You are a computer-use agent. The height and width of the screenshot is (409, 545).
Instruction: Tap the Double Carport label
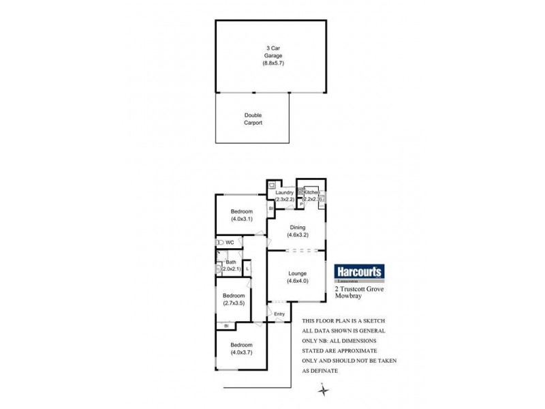pos(253,119)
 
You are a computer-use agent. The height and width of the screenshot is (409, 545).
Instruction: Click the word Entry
pos(279,314)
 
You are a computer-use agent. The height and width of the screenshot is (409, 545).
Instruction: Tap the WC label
pos(230,242)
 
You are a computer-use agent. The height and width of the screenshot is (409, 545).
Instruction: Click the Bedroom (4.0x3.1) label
pos(242,215)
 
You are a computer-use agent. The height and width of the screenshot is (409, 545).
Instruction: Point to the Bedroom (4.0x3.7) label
pos(242,349)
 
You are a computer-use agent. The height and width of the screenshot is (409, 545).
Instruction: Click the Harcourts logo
pos(360,271)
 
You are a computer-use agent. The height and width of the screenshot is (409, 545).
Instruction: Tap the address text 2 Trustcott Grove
pos(358,289)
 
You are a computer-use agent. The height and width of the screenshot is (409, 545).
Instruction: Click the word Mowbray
pos(348,297)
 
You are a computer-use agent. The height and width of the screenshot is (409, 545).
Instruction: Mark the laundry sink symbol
pos(272,185)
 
